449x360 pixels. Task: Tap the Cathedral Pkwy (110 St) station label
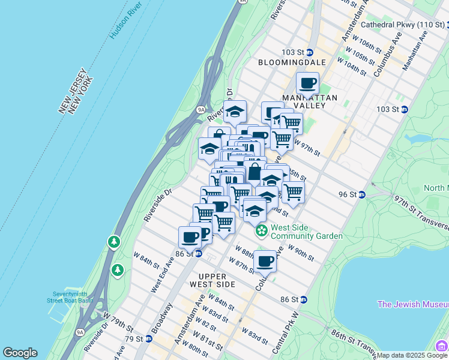(403, 25)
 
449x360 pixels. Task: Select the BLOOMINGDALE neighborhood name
(292, 62)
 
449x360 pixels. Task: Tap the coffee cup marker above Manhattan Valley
(307, 83)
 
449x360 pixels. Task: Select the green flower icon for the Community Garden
(261, 230)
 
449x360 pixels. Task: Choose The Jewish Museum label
(412, 304)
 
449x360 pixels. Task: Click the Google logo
(20, 353)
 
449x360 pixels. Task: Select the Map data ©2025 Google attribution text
(412, 355)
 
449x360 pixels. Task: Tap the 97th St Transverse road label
(420, 211)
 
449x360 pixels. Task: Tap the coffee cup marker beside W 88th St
(265, 261)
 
